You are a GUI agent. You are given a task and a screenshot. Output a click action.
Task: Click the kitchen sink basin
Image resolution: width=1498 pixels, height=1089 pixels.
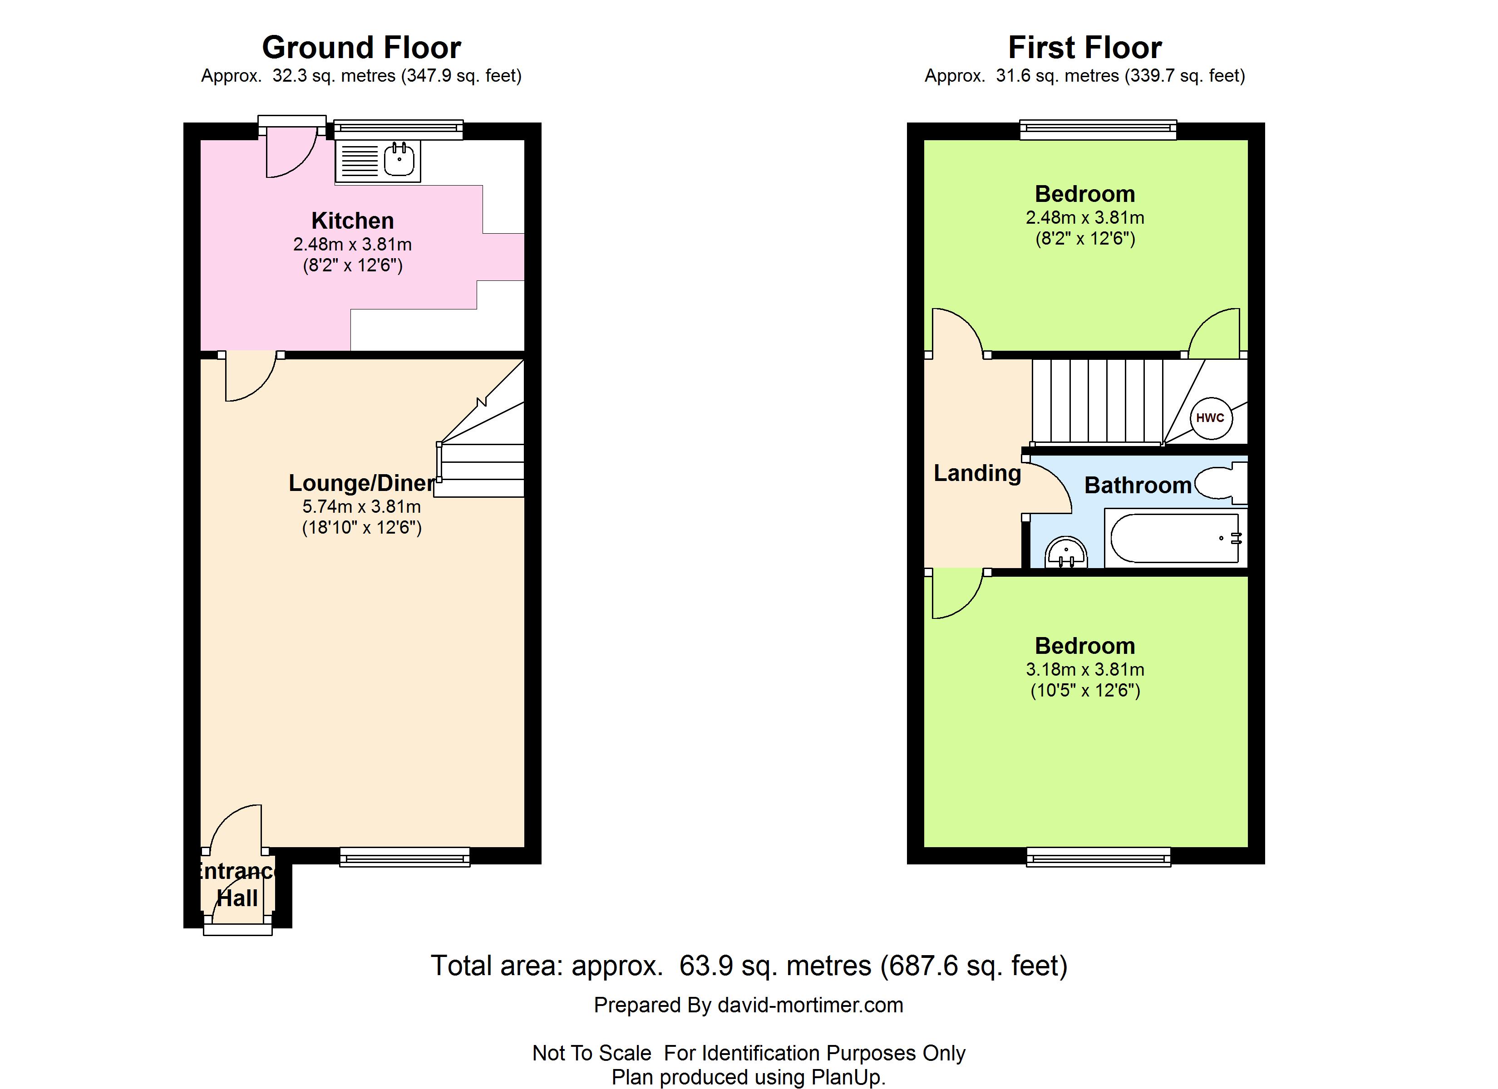pos(399,159)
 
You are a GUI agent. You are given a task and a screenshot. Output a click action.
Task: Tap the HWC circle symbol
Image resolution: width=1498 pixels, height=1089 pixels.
pos(1210,417)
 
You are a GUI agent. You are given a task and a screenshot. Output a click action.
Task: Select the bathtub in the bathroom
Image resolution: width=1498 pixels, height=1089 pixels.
pos(1176,538)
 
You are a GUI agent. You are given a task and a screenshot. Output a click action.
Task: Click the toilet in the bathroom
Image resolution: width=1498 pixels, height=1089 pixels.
pos(1221,483)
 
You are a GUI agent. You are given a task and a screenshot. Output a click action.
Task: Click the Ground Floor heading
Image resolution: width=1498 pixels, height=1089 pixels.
pos(361,48)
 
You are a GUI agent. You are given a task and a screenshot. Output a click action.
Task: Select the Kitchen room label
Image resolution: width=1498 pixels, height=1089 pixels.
pos(353,221)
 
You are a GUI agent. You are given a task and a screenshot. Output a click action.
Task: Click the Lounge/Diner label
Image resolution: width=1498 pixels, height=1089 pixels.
pos(362,483)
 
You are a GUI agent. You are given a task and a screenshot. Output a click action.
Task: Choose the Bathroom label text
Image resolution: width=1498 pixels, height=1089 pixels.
pos(1138,486)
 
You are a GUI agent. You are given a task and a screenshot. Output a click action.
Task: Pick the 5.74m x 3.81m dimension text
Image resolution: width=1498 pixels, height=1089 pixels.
pos(362,506)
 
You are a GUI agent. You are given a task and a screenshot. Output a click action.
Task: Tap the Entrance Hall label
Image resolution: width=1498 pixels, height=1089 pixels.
pos(237,885)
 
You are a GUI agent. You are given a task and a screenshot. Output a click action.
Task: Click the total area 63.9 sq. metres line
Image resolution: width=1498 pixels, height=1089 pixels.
pos(749,966)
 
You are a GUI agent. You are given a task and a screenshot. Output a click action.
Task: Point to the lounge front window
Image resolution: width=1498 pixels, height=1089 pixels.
pos(405,857)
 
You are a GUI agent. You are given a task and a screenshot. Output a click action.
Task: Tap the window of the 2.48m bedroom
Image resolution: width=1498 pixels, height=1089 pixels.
pos(1099,129)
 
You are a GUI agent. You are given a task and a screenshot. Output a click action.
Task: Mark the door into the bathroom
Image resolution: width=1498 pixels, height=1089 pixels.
pos(1047,487)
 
